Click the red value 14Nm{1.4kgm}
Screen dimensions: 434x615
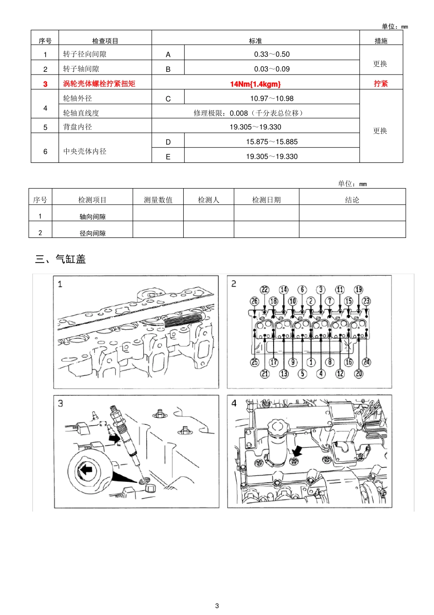click(255, 84)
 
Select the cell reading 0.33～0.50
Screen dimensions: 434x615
click(272, 54)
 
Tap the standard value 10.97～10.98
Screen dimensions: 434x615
click(272, 98)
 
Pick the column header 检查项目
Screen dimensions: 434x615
click(105, 41)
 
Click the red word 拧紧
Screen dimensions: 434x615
click(381, 84)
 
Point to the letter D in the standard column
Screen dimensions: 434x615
click(168, 142)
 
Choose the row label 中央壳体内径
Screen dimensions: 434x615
click(85, 151)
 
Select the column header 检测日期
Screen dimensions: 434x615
click(266, 200)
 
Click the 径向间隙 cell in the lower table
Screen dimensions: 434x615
click(92, 233)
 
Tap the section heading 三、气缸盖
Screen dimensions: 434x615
click(61, 259)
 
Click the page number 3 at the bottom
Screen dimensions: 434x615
click(217, 606)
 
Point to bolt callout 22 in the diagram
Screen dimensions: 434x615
click(265, 290)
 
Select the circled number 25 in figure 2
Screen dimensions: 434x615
click(254, 362)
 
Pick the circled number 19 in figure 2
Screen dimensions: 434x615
click(359, 290)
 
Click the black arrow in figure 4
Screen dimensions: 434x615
click(297, 451)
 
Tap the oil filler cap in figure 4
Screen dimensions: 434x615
click(277, 427)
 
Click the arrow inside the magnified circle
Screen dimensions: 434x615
click(85, 469)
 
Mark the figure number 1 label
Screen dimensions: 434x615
click(60, 284)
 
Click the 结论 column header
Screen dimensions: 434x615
click(352, 200)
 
